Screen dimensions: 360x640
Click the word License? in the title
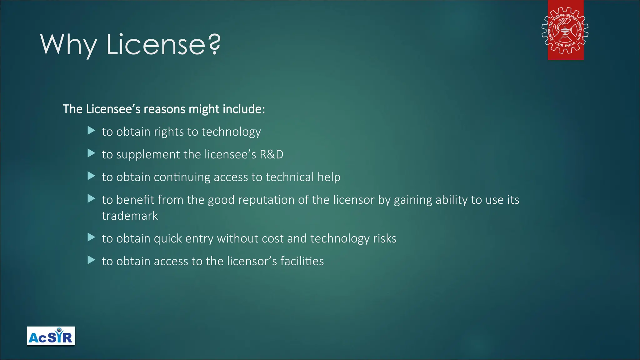point(163,44)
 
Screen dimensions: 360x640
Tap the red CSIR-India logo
point(565,30)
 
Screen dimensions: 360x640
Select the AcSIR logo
point(51,336)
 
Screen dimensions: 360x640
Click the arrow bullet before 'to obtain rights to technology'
point(91,131)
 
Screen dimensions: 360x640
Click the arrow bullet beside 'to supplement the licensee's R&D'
point(91,153)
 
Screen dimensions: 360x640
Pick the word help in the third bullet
point(329,177)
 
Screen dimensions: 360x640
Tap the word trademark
point(130,216)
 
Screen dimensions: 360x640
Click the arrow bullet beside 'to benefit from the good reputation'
point(91,198)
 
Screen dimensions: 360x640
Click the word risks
point(385,238)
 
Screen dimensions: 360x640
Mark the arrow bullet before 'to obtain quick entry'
point(91,237)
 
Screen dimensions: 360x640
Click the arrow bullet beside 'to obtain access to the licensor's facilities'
point(91,260)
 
